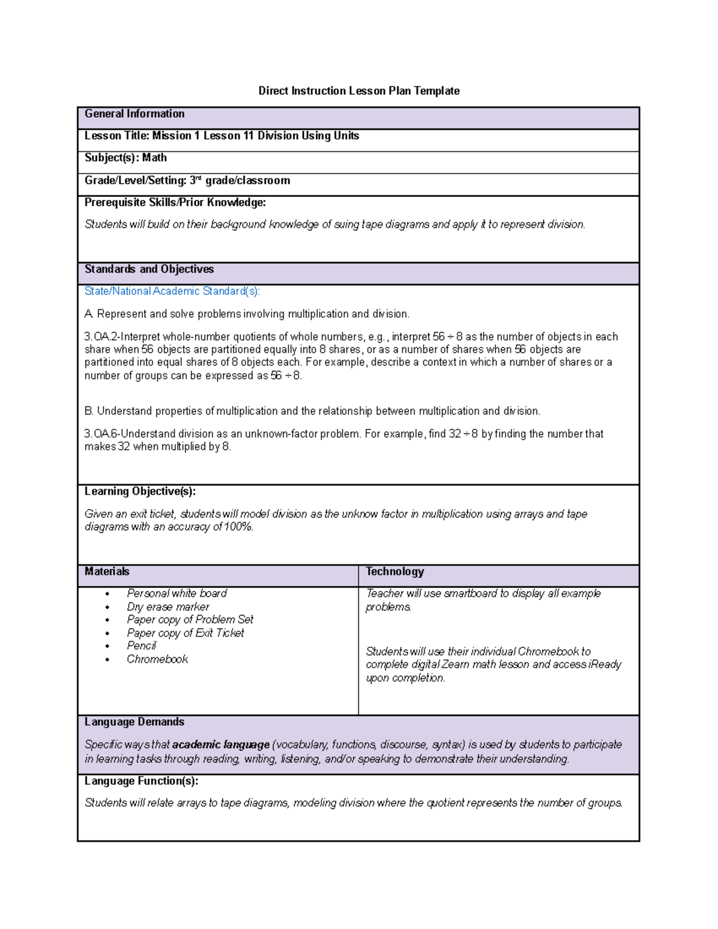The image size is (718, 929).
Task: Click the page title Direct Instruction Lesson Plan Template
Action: (358, 91)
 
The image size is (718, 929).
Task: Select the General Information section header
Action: (135, 114)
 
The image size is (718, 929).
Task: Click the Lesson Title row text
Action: (221, 136)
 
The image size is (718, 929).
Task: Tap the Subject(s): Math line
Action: (126, 158)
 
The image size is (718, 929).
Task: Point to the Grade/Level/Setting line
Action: (187, 181)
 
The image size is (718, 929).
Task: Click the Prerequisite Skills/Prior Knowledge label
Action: (175, 203)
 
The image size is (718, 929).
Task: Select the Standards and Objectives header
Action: (149, 269)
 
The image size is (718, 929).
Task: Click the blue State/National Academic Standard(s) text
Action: (172, 291)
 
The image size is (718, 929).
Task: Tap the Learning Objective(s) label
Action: (140, 492)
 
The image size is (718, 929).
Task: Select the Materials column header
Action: (107, 572)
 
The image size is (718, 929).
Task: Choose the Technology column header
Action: (395, 572)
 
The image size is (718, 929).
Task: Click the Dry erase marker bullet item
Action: (168, 607)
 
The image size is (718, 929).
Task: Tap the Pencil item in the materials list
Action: (141, 646)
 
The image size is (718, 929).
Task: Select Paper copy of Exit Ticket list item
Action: (185, 633)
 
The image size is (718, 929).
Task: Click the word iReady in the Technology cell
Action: (605, 665)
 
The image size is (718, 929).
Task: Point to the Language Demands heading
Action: (134, 722)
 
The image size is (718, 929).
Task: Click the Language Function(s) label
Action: (141, 781)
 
